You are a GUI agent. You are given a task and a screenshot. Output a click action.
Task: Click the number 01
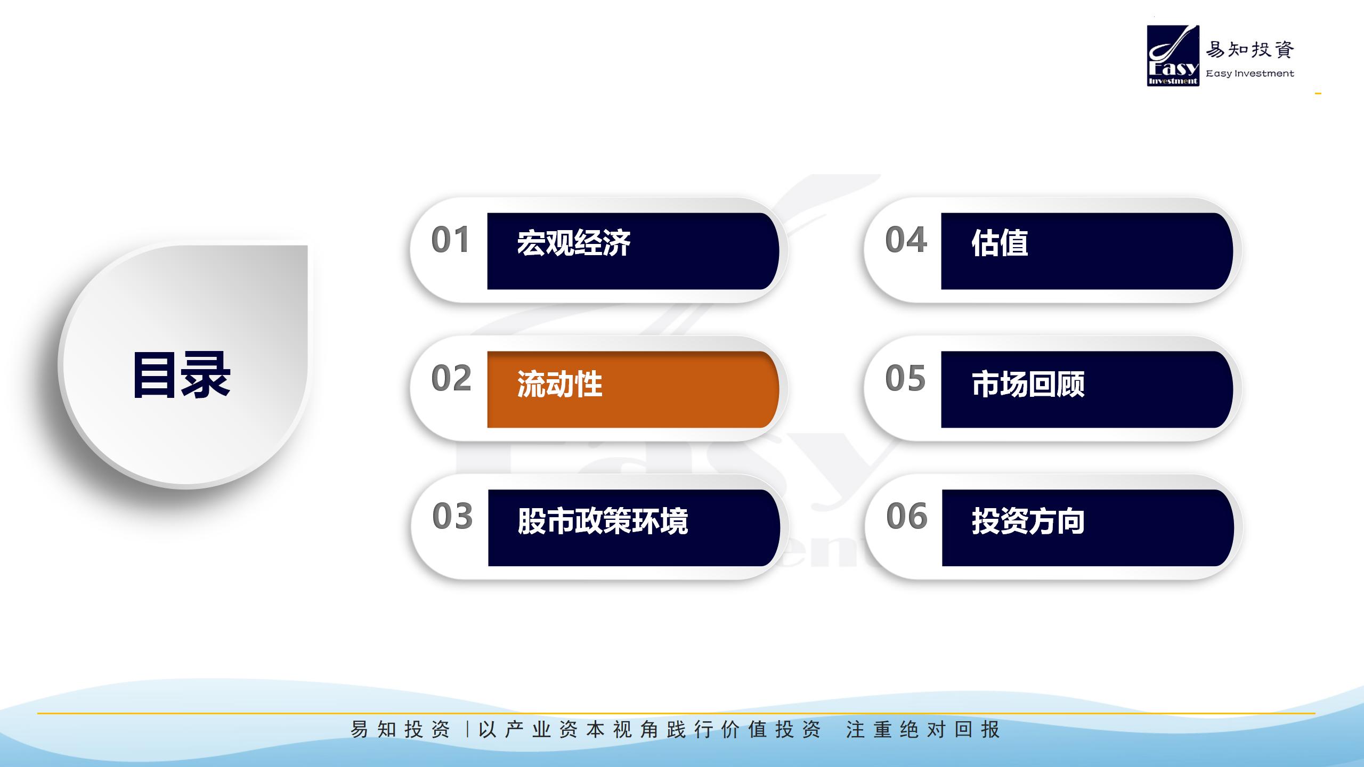click(x=450, y=240)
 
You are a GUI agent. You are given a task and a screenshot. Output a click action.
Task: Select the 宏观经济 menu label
click(x=574, y=243)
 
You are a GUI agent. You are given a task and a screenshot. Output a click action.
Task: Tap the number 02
click(x=451, y=378)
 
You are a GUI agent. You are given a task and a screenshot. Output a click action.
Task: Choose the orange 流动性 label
click(x=559, y=384)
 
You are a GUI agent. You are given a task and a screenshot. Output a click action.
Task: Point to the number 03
click(x=452, y=516)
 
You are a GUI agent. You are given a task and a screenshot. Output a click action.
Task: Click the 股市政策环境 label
click(x=603, y=521)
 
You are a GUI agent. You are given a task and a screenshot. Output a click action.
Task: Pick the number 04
click(x=906, y=240)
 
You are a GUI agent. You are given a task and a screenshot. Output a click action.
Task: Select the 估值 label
click(x=1000, y=243)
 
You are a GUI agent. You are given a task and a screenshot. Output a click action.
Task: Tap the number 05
click(x=905, y=378)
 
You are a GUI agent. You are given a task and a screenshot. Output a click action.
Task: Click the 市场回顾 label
click(x=1028, y=384)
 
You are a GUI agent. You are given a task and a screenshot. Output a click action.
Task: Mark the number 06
click(x=907, y=516)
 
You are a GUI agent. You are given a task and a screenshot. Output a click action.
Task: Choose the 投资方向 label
click(x=1028, y=521)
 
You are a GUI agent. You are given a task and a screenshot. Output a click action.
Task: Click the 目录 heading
click(x=182, y=375)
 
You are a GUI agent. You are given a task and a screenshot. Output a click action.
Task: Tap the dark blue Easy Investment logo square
click(x=1173, y=56)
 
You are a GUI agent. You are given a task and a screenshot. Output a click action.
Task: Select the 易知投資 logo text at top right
click(x=1250, y=50)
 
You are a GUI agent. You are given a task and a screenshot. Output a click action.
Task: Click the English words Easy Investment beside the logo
click(x=1250, y=74)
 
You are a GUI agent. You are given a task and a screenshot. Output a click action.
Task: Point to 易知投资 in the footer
click(x=400, y=729)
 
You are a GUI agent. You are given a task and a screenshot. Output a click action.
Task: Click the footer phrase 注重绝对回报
click(x=923, y=729)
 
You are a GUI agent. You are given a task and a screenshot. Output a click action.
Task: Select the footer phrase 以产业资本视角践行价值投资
click(x=649, y=729)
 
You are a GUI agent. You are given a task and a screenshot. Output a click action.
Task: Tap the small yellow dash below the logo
click(x=1318, y=94)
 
